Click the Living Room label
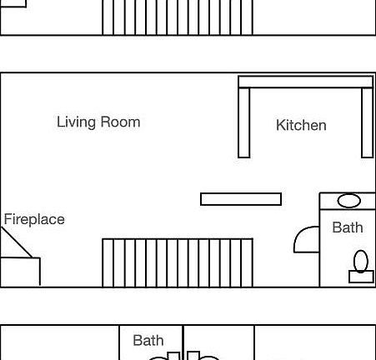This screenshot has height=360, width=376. [x=98, y=122]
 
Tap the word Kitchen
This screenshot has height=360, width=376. [x=301, y=126]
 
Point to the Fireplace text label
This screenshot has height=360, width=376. [x=34, y=220]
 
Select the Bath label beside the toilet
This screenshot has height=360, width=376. [x=348, y=227]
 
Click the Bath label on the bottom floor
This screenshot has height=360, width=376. [x=148, y=340]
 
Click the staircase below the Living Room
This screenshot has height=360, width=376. [x=178, y=262]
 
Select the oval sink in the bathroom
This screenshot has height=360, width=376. [x=349, y=201]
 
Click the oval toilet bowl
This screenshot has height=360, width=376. [x=361, y=261]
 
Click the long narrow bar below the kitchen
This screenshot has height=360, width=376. [x=241, y=199]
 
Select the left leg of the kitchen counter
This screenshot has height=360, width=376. [x=244, y=122]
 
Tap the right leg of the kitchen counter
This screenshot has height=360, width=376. [x=367, y=122]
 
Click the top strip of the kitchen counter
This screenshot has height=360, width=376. [x=305, y=82]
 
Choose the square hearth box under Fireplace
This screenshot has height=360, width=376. [x=20, y=272]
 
